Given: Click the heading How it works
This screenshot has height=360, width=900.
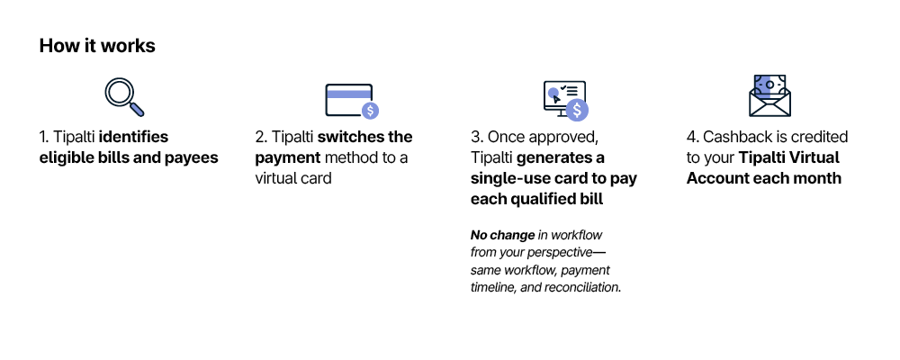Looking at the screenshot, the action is pos(97,46).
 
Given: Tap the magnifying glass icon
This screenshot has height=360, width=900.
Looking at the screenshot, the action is pos(124,97).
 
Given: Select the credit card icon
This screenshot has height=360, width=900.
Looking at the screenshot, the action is pos(352,101).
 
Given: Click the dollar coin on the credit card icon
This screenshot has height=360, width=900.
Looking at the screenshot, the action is pos(370,110).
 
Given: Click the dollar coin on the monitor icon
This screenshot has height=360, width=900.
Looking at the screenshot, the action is pos(577,109).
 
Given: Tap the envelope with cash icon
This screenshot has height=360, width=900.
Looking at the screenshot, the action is pos(769,95).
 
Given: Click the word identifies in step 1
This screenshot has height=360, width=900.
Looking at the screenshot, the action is pos(134,137).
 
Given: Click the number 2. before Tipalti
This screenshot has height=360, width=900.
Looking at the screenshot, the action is pos(261,137).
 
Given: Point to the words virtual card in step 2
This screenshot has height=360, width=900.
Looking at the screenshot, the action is pos(293,178).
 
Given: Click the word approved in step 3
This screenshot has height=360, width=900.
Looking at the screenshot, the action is pos(564,138).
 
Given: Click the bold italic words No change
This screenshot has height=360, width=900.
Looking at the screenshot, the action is pos(502,235).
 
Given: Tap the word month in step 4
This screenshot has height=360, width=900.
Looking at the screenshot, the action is pos(818,178).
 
